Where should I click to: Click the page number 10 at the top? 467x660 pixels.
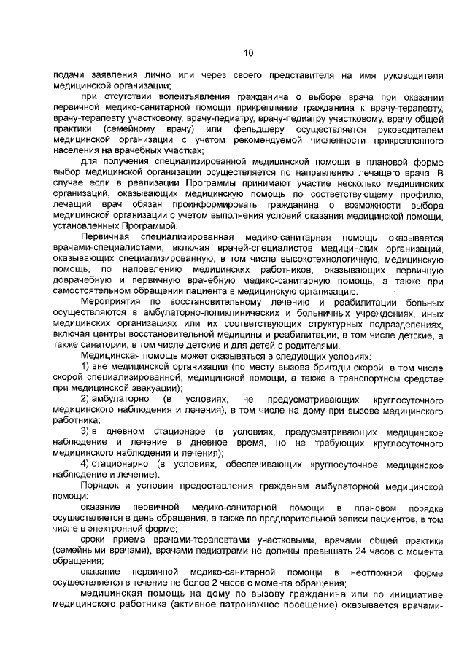(247, 53)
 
